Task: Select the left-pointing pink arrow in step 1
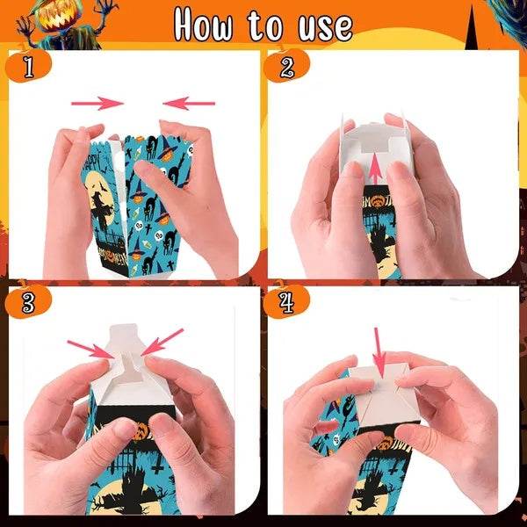[189, 103]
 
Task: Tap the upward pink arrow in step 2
[375, 171]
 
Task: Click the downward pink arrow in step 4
[379, 351]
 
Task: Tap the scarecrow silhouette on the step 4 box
[363, 492]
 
